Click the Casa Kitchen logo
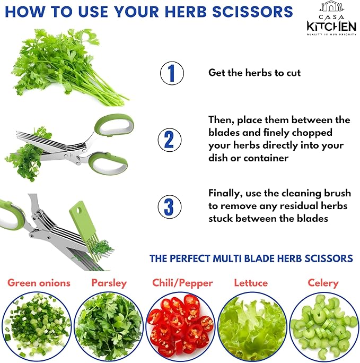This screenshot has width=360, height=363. coord(331,18)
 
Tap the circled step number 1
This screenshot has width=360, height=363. coord(172,73)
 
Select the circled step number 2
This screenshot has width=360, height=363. coord(170,140)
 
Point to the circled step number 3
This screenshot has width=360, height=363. coord(170,207)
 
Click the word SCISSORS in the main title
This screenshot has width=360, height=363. coord(253,12)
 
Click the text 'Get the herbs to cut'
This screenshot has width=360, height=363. coord(254,73)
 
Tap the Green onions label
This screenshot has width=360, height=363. coord(39,283)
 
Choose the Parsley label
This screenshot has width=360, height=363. coord(109,283)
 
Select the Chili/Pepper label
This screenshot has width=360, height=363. coord(182,283)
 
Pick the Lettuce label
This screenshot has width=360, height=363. coord(251,283)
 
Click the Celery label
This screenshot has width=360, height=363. coord(323,283)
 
